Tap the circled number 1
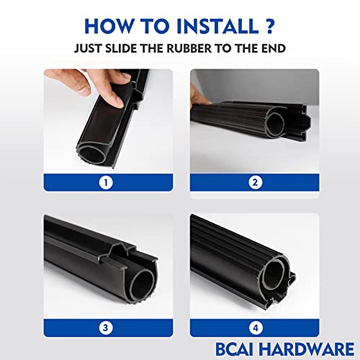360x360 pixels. pyautogui.click(x=107, y=181)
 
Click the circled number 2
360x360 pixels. pyautogui.click(x=253, y=181)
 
